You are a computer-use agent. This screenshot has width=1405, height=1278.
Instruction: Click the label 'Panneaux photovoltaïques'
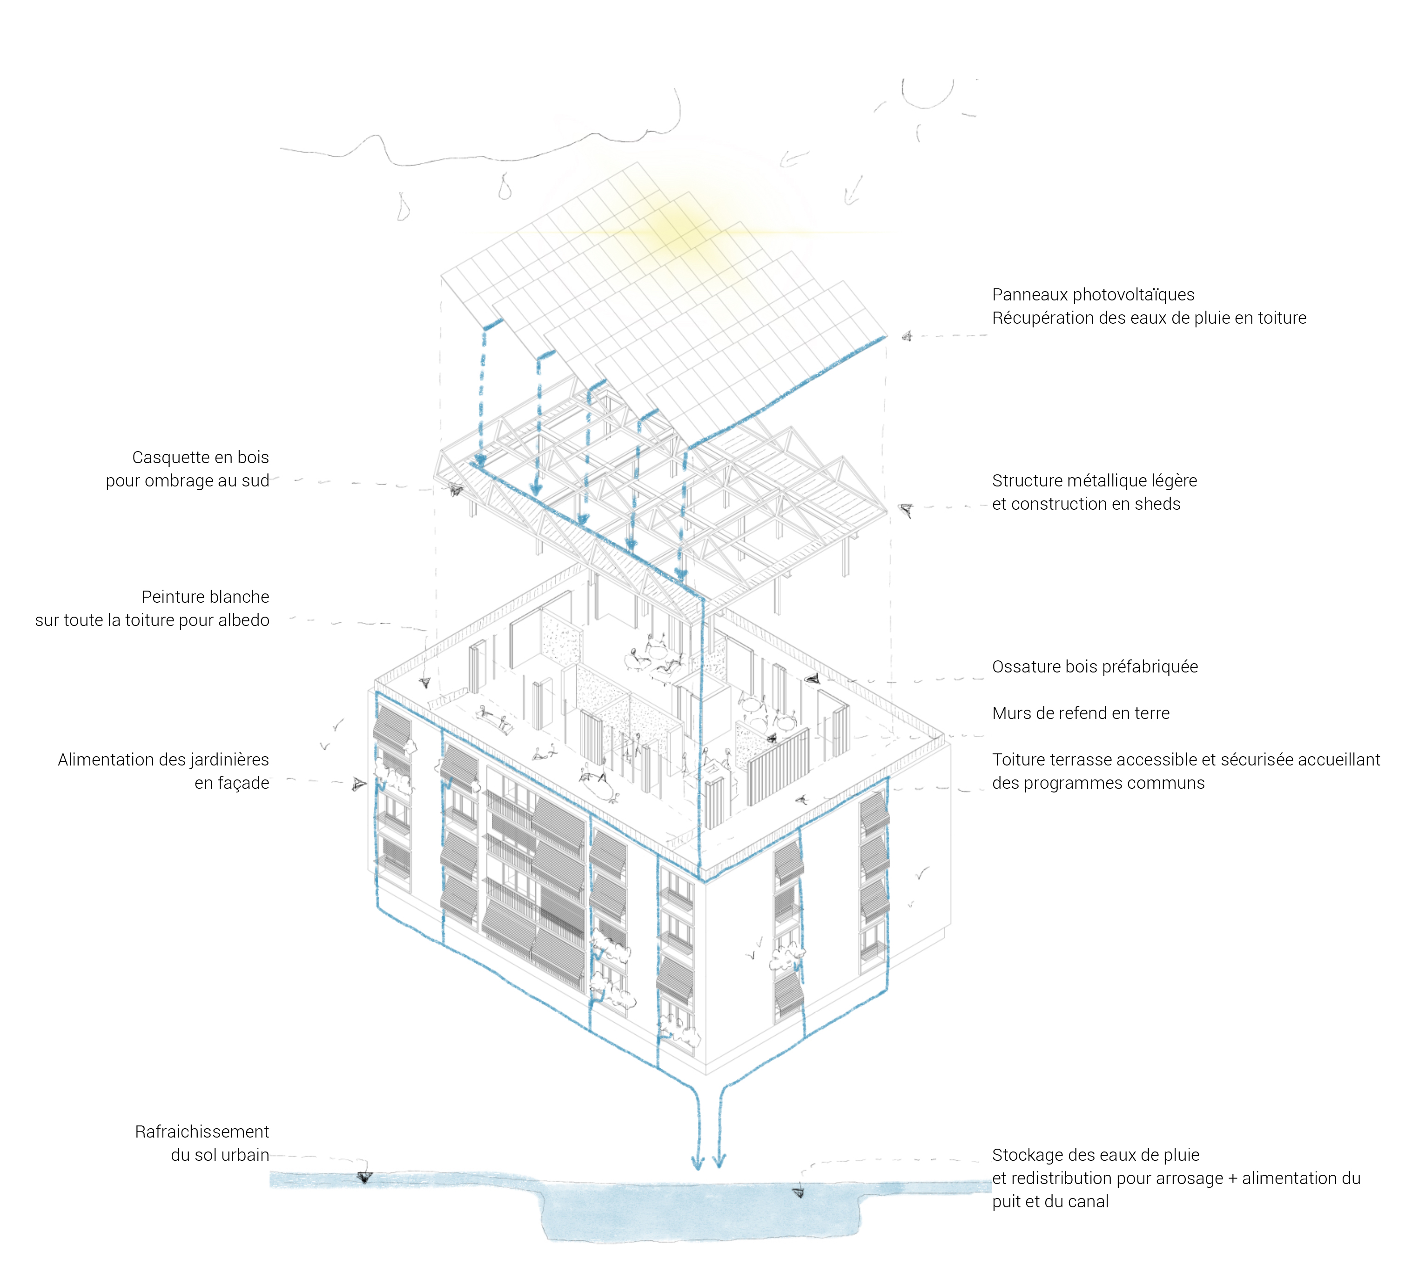[x=1093, y=294]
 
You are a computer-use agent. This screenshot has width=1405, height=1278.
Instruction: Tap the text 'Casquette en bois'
[x=200, y=458]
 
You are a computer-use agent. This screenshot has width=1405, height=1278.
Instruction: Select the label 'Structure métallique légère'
[x=1094, y=480]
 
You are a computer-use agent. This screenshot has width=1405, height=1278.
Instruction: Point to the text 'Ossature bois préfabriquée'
[x=1095, y=666]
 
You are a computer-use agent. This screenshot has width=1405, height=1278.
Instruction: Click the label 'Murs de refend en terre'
[x=1080, y=713]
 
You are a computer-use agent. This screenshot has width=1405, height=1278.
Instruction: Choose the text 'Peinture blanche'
[x=205, y=597]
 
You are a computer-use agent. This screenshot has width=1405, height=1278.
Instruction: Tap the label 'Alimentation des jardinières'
[x=163, y=760]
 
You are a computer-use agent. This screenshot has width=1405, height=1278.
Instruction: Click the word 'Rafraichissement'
[x=202, y=1132]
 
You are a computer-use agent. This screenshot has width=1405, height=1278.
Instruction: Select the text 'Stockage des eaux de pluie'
[x=1096, y=1155]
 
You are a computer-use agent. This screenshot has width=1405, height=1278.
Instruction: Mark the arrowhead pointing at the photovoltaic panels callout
[x=907, y=336]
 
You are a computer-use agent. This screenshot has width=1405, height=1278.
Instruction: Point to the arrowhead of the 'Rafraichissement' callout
[x=364, y=1178]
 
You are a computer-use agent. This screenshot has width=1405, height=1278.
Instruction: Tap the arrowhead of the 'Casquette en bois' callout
[x=455, y=490]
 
